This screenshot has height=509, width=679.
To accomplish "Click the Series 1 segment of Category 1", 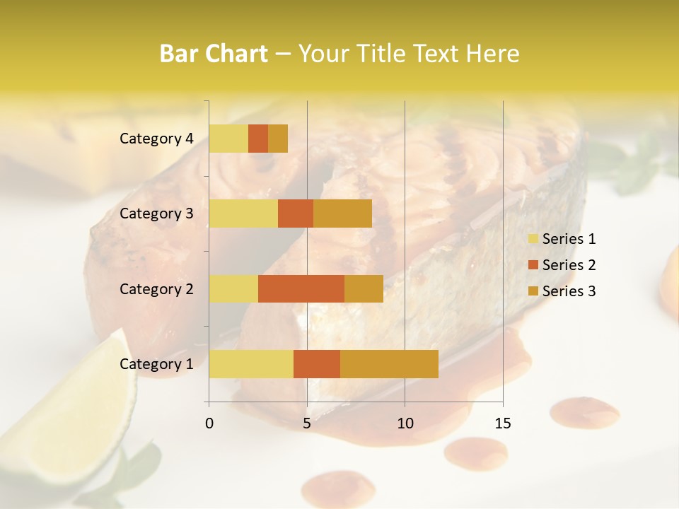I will (x=251, y=364).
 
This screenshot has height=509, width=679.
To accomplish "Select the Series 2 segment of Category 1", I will (x=317, y=364).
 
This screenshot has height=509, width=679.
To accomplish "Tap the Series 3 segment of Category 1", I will (x=389, y=364).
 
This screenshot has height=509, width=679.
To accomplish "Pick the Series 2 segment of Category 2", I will (x=301, y=288).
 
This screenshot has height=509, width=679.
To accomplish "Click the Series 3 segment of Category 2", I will (x=364, y=288).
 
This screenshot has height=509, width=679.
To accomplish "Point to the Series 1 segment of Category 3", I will (x=243, y=213).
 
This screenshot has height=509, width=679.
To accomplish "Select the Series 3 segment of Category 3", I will (x=342, y=213).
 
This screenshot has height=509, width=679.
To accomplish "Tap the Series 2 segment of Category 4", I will (x=258, y=139).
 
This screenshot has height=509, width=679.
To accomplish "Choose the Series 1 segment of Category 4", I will (x=228, y=139).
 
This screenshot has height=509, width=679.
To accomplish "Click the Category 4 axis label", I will (x=156, y=139).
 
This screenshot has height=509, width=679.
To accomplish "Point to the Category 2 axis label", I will (x=156, y=288).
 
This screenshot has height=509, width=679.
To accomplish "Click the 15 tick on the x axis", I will (x=503, y=423).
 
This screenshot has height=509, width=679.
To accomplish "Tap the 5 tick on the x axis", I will (x=307, y=423).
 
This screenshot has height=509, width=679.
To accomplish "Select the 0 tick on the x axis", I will (x=209, y=423).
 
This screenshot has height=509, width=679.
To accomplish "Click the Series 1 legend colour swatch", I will (x=533, y=239).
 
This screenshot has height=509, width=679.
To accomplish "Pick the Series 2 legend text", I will (x=569, y=265).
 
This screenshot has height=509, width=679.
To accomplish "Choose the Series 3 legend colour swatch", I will (x=533, y=291).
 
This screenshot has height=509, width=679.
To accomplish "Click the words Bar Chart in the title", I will (x=214, y=53).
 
